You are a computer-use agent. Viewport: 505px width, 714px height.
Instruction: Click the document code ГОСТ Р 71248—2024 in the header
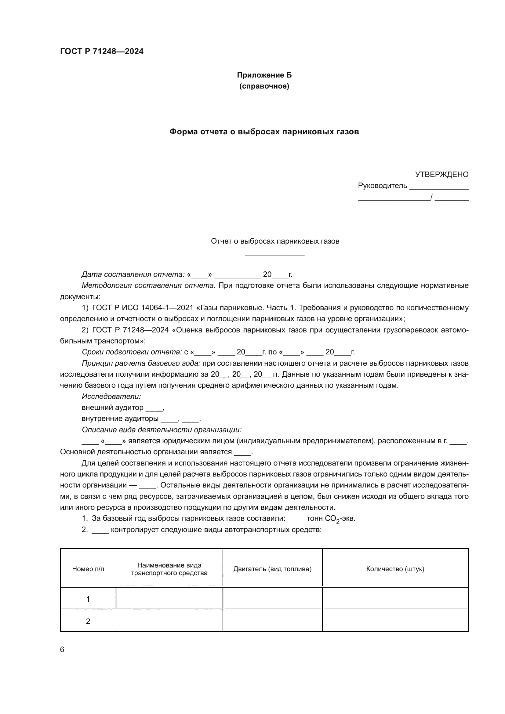point(102,51)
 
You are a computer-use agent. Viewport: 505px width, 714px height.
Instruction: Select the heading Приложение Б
point(264,75)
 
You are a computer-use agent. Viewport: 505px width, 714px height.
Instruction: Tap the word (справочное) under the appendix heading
point(264,86)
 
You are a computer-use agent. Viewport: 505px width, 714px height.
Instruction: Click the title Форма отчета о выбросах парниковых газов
point(264,132)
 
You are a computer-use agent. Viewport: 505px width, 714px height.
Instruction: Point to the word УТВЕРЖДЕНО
point(441,175)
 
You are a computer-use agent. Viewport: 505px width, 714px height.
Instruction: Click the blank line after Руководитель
point(439,186)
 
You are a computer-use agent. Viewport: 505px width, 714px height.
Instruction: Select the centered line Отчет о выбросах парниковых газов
point(275,241)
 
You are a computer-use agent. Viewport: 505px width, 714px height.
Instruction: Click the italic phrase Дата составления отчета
point(133,275)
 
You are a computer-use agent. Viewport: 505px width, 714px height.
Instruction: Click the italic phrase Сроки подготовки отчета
point(132,352)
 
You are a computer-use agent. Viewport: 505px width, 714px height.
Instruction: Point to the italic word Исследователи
point(111,397)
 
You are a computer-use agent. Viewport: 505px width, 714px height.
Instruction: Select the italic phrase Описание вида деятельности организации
point(162,430)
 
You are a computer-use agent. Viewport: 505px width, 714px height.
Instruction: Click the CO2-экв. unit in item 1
point(340,519)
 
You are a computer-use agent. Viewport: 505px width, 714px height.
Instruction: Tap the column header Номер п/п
point(88,569)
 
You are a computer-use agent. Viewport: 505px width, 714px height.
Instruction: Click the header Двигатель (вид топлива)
point(272,569)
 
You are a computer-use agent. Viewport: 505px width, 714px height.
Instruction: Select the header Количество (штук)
point(395,569)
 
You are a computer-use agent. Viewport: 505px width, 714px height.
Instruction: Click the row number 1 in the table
point(88,599)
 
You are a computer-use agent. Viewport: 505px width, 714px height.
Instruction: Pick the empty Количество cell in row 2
point(395,621)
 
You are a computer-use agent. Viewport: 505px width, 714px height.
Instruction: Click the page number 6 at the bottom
point(62,650)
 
